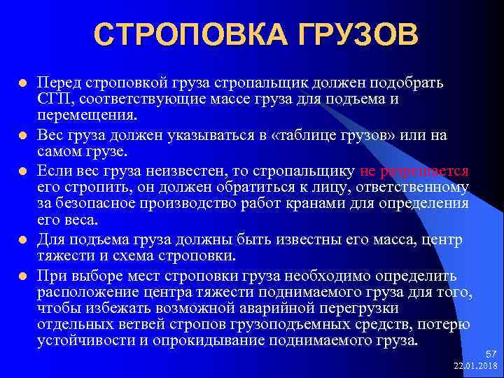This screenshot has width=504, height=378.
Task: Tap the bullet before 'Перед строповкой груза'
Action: pyautogui.click(x=22, y=83)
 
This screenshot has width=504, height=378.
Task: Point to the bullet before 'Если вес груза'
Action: pyautogui.click(x=22, y=171)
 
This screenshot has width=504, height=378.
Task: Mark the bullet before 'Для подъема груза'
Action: pyautogui.click(x=22, y=241)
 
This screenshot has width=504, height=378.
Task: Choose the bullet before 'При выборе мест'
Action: pyautogui.click(x=22, y=275)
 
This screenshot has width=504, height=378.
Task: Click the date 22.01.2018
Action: pyautogui.click(x=476, y=367)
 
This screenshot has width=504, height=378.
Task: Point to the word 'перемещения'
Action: pyautogui.click(x=76, y=115)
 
